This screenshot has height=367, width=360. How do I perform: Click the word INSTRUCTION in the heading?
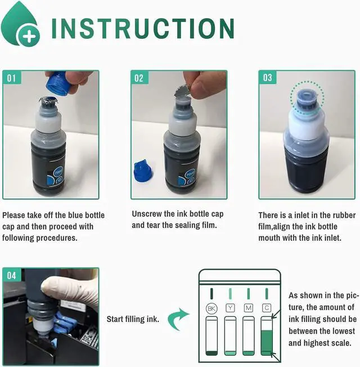143,28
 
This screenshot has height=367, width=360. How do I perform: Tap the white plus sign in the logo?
29,36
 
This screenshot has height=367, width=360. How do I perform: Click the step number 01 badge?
12,78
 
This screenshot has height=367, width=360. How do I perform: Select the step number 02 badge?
139,78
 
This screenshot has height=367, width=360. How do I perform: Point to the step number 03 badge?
267,78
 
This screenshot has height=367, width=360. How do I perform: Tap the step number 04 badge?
12,275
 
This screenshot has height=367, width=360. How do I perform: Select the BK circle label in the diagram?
211,308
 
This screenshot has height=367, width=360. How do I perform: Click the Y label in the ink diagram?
230,308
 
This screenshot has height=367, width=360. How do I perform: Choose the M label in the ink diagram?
249,308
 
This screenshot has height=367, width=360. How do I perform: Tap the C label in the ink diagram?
267,308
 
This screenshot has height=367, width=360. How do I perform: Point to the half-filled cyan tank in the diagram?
267,335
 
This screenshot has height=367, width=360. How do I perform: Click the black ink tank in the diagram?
211,335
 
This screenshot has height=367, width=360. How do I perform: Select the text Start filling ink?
133,319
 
